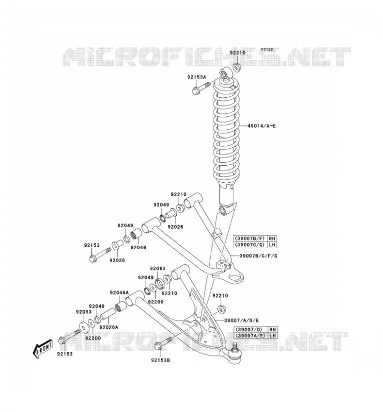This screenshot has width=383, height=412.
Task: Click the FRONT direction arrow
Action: [x=42, y=350]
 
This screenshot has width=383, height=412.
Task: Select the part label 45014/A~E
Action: [x=261, y=126]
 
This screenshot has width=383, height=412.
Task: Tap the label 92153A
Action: [x=197, y=77]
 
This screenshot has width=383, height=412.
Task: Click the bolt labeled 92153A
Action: [x=201, y=88]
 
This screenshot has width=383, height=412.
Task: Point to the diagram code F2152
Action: [x=267, y=49]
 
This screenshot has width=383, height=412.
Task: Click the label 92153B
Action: [x=161, y=360]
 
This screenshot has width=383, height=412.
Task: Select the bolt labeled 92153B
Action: [x=163, y=344]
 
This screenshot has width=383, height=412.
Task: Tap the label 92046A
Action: [x=119, y=293]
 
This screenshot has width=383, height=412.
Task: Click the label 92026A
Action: [x=108, y=327]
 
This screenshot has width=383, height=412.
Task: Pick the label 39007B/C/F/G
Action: [x=258, y=255]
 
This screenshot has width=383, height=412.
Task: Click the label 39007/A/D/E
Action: [x=242, y=320]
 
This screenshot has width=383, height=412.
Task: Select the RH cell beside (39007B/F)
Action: [x=272, y=238]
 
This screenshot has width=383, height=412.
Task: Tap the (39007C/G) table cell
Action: [x=250, y=245]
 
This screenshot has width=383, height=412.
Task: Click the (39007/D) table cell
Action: [x=249, y=329]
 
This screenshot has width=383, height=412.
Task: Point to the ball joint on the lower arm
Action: [x=233, y=353]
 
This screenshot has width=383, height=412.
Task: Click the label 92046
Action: [x=138, y=248]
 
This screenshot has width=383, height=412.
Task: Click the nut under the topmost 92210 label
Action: [x=236, y=67]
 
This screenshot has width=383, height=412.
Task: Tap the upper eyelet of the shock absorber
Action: [x=226, y=75]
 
